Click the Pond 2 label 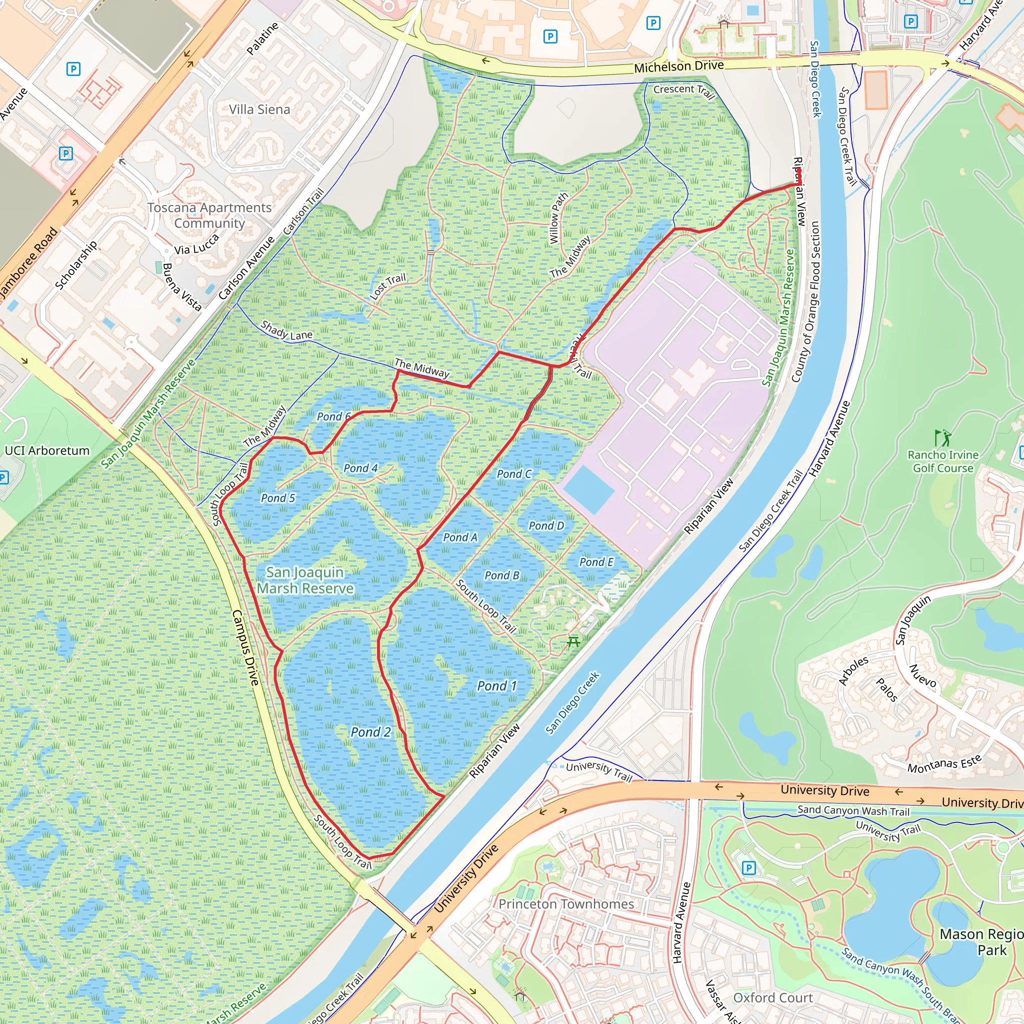tap(370, 732)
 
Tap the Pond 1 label tap(496, 686)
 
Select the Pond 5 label tap(277, 497)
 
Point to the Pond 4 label tap(360, 468)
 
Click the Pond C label tap(513, 474)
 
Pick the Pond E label tap(596, 562)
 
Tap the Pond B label tap(501, 575)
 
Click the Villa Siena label tap(259, 109)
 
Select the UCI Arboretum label tap(47, 450)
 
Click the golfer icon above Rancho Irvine tap(942, 438)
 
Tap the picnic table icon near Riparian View tap(573, 642)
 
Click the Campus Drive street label tap(245, 647)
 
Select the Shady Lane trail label tap(286, 330)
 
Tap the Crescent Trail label tap(683, 91)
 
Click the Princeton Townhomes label tap(566, 903)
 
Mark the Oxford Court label tap(773, 997)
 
